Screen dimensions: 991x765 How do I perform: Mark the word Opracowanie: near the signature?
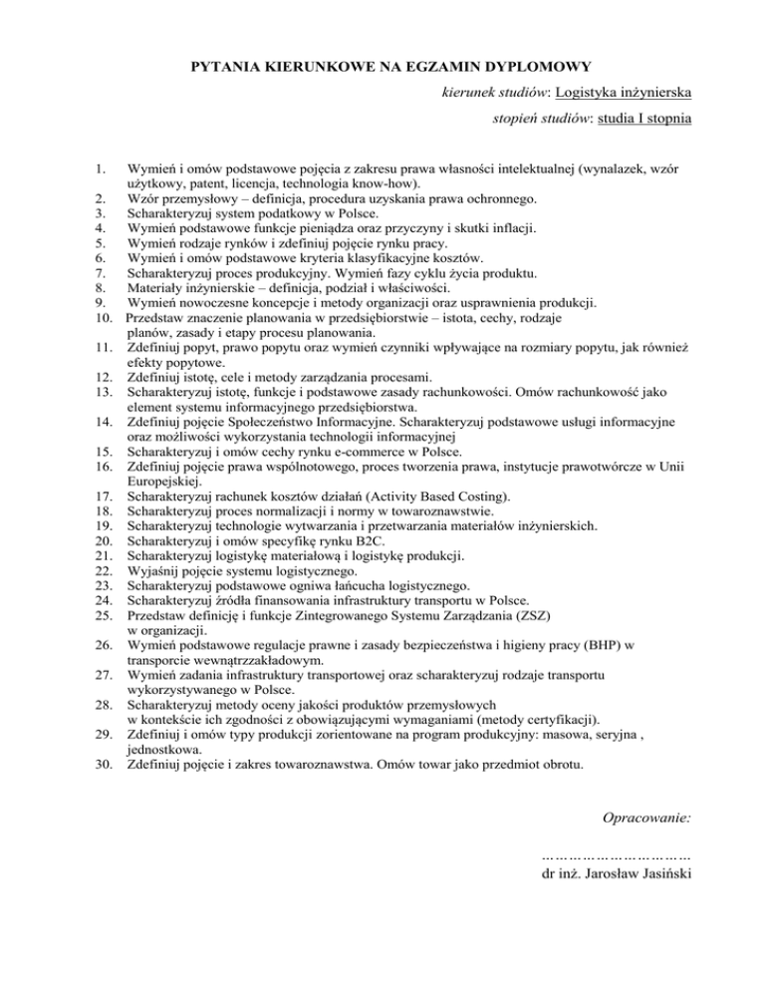pos(648,817)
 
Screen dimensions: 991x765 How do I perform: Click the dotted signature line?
pos(617,854)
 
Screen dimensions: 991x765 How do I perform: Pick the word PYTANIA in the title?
pos(225,68)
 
